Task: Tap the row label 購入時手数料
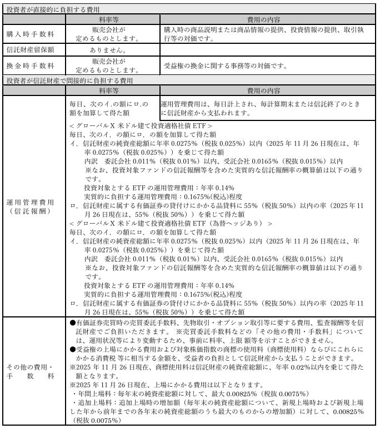[31, 33]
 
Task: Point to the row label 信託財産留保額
[31, 50]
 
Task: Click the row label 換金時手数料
[31, 65]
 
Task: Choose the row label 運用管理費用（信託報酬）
[31, 206]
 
